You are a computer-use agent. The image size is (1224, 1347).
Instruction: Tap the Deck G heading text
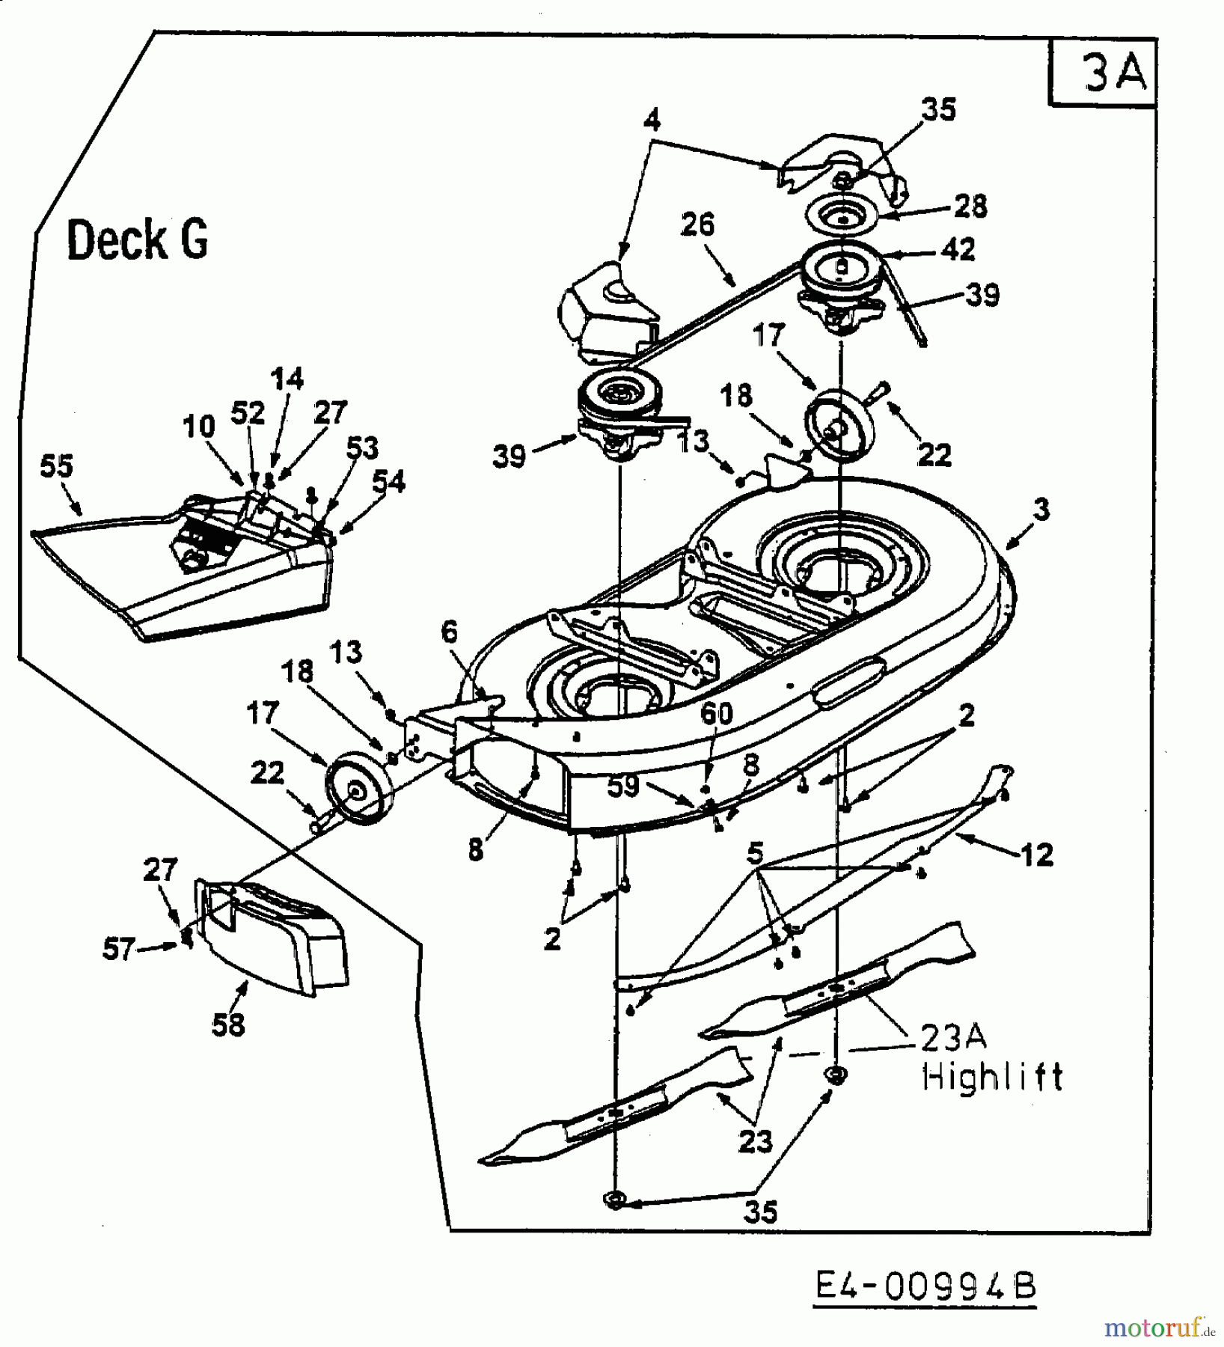tap(138, 241)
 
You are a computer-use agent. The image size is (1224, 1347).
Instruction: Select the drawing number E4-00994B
tap(925, 1286)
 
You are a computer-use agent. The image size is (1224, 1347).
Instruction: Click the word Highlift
tap(992, 1077)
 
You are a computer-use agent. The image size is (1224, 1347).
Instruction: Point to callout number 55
tap(57, 467)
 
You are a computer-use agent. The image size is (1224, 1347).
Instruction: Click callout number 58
tap(228, 1024)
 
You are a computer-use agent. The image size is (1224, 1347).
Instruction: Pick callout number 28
tap(970, 206)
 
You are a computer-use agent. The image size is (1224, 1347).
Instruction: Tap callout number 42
tap(959, 249)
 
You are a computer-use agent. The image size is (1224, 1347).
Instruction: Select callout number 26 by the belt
tap(698, 224)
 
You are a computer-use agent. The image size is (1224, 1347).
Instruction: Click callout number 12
tap(1037, 854)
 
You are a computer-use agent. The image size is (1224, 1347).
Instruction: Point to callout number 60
tap(716, 713)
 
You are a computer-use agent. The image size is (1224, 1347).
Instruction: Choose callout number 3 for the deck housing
tap(1041, 510)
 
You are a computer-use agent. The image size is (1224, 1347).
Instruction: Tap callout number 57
tap(119, 950)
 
